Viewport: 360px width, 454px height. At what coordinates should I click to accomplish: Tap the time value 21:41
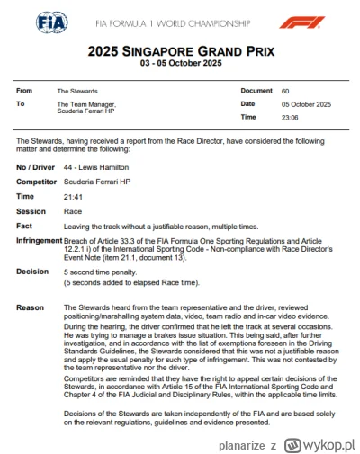(x=73, y=196)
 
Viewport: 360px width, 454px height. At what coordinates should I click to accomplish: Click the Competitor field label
(x=37, y=182)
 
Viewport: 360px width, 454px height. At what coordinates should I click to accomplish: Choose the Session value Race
(x=72, y=211)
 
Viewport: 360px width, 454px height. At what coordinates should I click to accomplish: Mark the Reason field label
(x=30, y=307)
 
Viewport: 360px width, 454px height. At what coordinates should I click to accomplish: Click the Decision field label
(x=32, y=271)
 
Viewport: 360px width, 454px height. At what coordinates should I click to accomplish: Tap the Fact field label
(x=24, y=227)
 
